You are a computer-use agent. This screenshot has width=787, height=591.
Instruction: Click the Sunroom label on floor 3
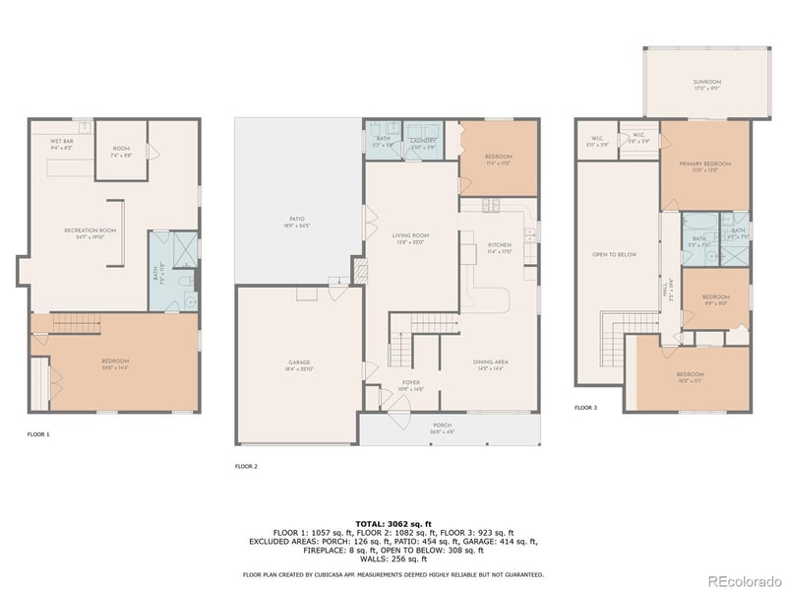click(x=706, y=83)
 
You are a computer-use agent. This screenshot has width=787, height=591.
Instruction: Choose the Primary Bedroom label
click(x=704, y=165)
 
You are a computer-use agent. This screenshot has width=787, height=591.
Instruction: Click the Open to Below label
click(x=614, y=254)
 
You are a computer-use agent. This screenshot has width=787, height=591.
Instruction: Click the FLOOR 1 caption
click(x=38, y=433)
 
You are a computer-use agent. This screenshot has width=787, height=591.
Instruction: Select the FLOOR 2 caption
click(x=246, y=465)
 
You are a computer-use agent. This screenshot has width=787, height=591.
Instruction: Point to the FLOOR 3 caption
click(x=586, y=407)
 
